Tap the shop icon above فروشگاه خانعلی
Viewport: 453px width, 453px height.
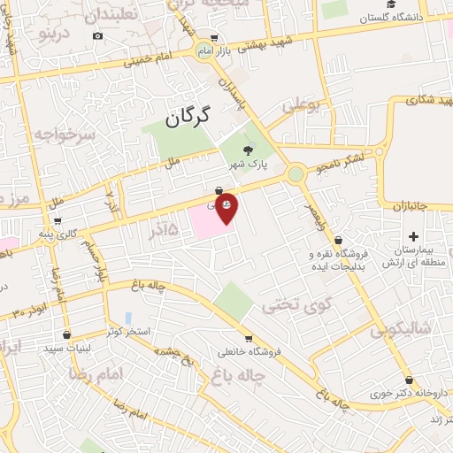click(x=249, y=338)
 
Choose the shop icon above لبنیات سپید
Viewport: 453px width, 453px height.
click(x=67, y=335)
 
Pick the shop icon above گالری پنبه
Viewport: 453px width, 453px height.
click(x=57, y=221)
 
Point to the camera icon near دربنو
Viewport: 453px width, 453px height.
click(x=97, y=36)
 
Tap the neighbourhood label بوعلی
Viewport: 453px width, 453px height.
click(x=300, y=108)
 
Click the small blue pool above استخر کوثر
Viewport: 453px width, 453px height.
click(x=128, y=317)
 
